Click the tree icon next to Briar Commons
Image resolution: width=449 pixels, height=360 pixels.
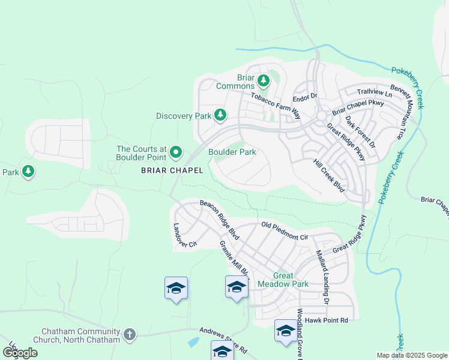[x=263, y=80]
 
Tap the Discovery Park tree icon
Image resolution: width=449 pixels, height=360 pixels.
[x=220, y=115]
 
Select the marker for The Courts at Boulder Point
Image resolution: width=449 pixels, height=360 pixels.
[x=175, y=153]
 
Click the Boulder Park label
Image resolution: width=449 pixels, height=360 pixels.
[x=232, y=152]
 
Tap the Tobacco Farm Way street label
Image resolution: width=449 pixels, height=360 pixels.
[x=275, y=101]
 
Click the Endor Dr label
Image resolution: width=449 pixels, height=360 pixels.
[x=304, y=98]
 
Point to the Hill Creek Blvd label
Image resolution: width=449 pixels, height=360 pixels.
[x=329, y=175]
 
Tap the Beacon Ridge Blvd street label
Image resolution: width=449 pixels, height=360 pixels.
[x=220, y=220]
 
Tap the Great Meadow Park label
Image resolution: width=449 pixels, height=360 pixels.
[x=282, y=280]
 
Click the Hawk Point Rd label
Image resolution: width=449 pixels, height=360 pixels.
[x=327, y=320]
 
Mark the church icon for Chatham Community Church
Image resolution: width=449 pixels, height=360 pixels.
[x=129, y=335]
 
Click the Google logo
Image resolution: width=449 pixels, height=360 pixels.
[x=20, y=353]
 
